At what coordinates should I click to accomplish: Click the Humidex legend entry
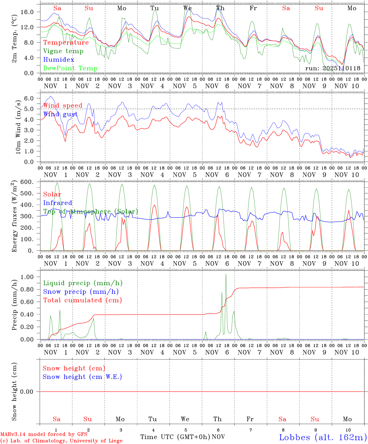click(x=59, y=60)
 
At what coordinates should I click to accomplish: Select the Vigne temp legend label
click(x=63, y=51)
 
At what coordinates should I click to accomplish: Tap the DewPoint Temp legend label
click(x=70, y=68)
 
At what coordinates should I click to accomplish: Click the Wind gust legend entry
click(x=60, y=114)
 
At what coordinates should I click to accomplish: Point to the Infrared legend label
click(x=58, y=203)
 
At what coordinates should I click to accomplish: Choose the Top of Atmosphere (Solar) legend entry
click(x=90, y=212)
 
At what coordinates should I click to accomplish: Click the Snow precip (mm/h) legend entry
click(x=81, y=291)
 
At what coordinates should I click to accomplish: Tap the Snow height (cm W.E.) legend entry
click(x=82, y=376)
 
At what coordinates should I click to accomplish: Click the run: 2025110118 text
click(x=333, y=68)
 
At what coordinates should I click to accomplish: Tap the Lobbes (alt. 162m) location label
click(x=323, y=437)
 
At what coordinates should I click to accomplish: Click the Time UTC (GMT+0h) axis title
click(x=175, y=437)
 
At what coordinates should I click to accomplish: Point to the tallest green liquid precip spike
click(x=226, y=274)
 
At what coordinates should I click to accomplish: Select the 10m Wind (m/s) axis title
click(x=18, y=128)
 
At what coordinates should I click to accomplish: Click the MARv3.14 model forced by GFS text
click(x=43, y=434)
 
